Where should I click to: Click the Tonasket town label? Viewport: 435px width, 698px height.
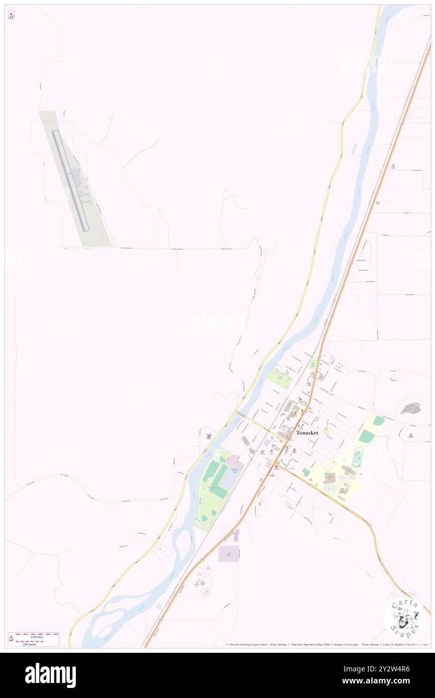(307, 433)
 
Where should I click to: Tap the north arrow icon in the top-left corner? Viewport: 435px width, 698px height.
(11, 16)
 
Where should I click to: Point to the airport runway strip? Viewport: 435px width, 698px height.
(70, 181)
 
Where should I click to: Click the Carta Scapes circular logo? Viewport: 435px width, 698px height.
(405, 617)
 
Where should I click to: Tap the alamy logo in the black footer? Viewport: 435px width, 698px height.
(50, 675)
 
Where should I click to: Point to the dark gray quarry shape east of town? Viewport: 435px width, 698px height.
(411, 408)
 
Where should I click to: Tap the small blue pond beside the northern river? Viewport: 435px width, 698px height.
(355, 149)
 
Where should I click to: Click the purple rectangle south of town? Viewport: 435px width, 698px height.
(229, 553)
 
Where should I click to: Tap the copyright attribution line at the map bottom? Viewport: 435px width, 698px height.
(327, 645)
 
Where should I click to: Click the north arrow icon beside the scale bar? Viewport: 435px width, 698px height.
(11, 639)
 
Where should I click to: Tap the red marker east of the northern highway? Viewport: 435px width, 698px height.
(394, 167)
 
